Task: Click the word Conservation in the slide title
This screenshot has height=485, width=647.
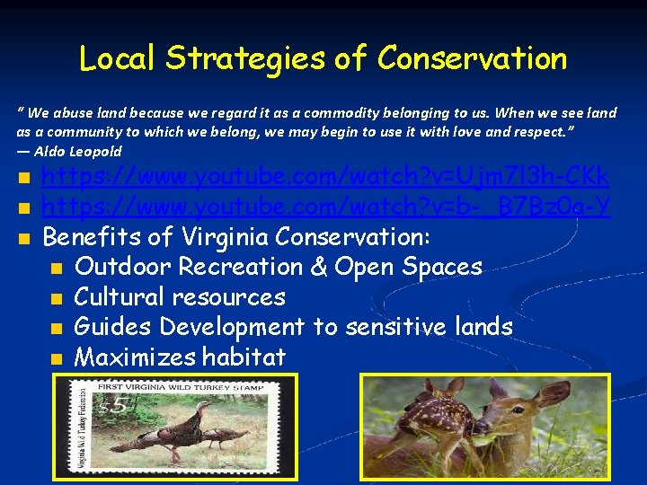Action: tap(472, 59)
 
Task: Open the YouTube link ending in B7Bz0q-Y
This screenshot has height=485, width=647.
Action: tap(327, 207)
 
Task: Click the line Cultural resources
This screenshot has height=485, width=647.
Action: tap(180, 297)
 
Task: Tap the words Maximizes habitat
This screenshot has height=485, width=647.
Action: tap(180, 357)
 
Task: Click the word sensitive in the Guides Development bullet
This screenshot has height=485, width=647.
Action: tap(392, 327)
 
